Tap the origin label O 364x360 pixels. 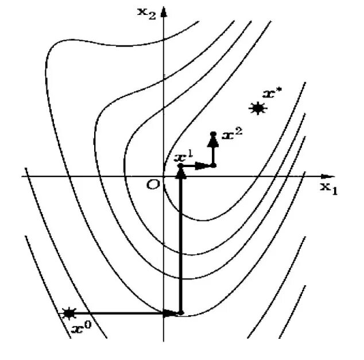point(152,183)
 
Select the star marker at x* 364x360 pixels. point(258,107)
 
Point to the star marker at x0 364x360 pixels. point(69,313)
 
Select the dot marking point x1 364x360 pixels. point(181,165)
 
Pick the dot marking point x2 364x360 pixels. point(213,134)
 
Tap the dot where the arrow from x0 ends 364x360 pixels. point(181,313)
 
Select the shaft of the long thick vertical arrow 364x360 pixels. point(181,247)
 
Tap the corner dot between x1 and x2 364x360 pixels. point(214,165)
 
